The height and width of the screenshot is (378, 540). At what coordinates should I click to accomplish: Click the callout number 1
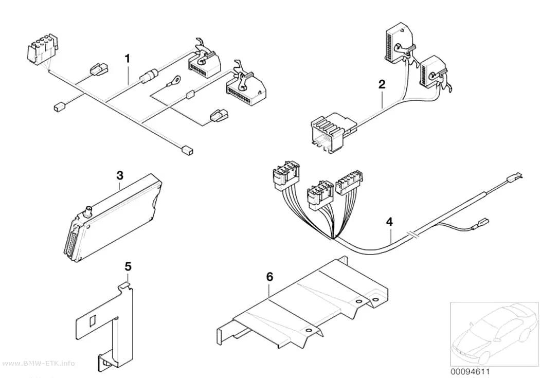(128, 59)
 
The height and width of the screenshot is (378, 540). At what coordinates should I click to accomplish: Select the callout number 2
(382, 84)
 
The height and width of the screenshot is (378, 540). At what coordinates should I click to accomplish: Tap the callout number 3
(119, 175)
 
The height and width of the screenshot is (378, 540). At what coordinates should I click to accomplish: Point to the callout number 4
(389, 222)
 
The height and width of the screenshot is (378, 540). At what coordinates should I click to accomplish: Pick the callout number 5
(128, 266)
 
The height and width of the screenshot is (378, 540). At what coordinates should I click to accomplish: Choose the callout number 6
(269, 277)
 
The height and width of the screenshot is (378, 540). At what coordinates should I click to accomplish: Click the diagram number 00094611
(470, 371)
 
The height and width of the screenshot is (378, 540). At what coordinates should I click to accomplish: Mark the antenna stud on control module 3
(88, 210)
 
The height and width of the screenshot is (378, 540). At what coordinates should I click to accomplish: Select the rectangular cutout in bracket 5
(92, 321)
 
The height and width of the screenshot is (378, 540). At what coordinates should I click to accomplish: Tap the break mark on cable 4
(413, 235)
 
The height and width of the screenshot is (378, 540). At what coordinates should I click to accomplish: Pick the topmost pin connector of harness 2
(400, 43)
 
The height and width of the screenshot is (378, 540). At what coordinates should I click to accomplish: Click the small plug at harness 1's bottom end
(186, 150)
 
